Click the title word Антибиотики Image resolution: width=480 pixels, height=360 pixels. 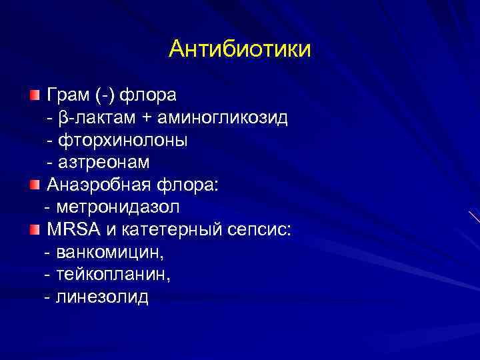tap(240, 49)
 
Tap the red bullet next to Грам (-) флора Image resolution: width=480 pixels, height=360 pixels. tap(35, 95)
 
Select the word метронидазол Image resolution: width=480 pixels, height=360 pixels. tap(119, 207)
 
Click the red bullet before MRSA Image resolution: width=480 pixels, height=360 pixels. tap(35, 230)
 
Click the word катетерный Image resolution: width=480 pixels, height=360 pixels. tap(167, 230)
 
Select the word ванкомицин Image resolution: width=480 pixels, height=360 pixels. tap(111, 253)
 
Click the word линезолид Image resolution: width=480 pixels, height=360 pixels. tap(103, 297)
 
